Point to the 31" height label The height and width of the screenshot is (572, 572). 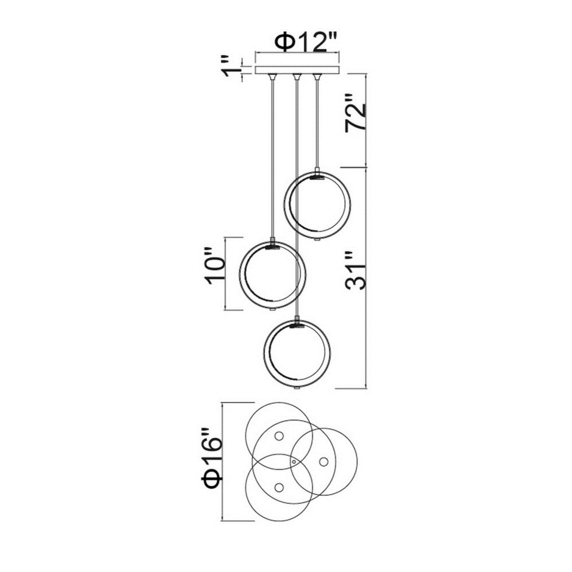(355, 270)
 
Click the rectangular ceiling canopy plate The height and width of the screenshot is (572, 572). (297, 70)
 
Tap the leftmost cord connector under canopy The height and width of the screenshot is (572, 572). (273, 78)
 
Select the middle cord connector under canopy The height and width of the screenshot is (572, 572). (296, 78)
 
